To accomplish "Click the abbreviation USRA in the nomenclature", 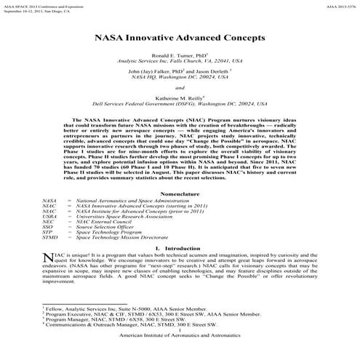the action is click(50, 195).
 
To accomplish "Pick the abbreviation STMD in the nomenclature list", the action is click(50, 217).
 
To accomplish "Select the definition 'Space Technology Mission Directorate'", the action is click(127, 217).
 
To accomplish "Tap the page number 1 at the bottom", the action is click(180, 348).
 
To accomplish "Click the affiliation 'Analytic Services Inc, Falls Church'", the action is click(180, 61).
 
